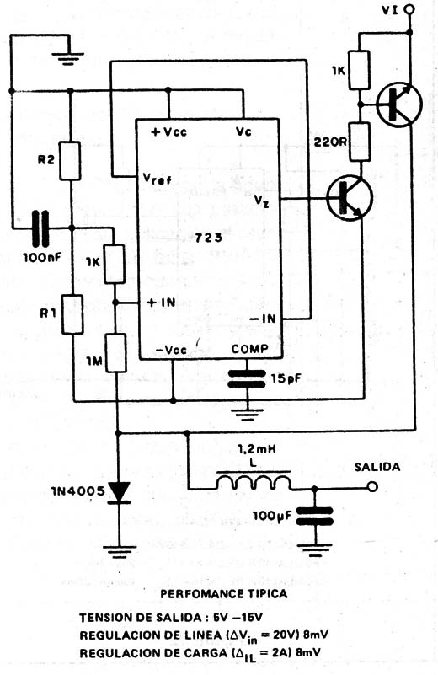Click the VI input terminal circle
pos(410,9)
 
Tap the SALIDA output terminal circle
pos(373,487)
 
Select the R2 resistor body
pos(70,161)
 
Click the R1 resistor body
pos(72,314)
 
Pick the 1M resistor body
pos(116,352)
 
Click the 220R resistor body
pos(360,142)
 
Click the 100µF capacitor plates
pos(315,517)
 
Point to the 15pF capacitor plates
pos(247,379)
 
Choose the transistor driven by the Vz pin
pos(350,198)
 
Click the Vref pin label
pos(157,178)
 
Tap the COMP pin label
pos(249,349)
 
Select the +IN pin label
pos(162,303)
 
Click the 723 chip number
pos(209,237)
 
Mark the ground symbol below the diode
pos(120,551)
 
